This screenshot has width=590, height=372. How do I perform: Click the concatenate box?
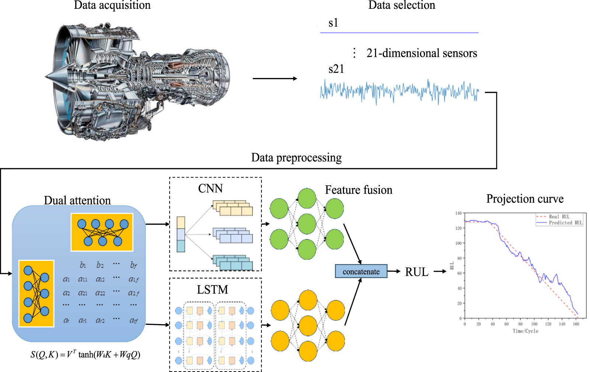click(361, 271)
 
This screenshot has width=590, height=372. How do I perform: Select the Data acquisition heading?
click(112, 5)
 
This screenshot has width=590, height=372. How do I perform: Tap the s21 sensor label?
click(336, 69)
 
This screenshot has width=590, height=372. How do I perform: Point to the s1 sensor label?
click(333, 23)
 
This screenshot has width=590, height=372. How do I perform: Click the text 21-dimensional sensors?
click(421, 53)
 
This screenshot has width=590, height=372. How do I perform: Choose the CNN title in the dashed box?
click(210, 188)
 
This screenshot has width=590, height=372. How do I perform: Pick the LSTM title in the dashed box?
click(212, 289)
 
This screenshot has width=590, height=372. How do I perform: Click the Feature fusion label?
click(358, 190)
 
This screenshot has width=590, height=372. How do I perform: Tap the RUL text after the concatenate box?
click(417, 272)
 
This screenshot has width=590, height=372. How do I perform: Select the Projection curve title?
click(525, 199)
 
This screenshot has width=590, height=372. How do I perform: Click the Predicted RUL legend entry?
click(565, 223)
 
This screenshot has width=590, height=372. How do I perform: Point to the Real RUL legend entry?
click(559, 217)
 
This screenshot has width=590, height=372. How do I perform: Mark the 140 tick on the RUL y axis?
click(458, 213)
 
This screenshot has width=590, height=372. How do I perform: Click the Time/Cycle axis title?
click(525, 331)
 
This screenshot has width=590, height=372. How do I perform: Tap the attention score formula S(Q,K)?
click(85, 354)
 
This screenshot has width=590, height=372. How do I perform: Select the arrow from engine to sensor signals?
click(274, 78)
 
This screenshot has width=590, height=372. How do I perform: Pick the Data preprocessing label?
click(296, 158)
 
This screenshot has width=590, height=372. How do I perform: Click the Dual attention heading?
click(77, 200)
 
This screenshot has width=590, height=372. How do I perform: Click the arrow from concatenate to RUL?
click(394, 271)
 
